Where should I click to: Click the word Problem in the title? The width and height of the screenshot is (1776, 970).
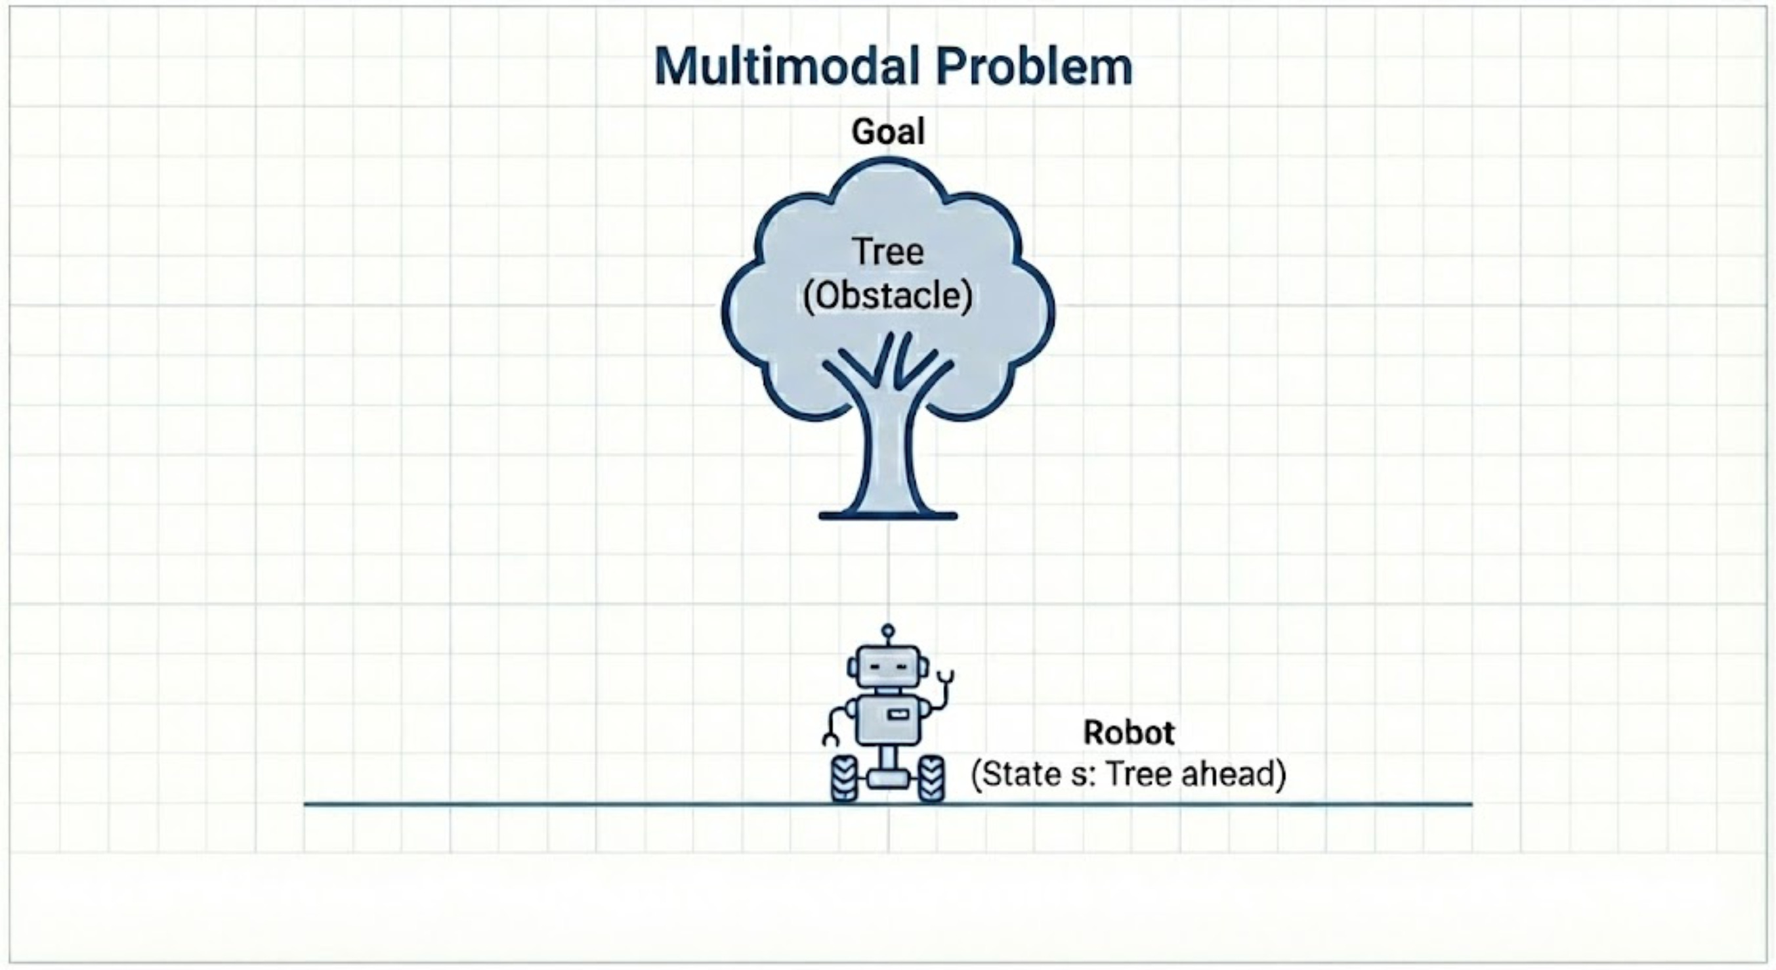coord(1034,68)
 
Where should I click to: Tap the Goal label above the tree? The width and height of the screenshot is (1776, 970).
coord(888,131)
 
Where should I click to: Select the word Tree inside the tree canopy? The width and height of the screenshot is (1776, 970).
coord(888,251)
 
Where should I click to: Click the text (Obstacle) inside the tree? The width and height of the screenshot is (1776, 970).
coord(888,297)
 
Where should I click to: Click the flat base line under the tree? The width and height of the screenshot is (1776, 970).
coord(888,516)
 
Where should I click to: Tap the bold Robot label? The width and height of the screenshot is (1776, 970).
coord(1129,732)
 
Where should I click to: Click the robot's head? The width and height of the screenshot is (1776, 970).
coord(888,667)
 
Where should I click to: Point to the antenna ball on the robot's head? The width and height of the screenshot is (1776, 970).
coord(888,629)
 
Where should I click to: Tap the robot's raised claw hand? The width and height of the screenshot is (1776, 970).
coord(946,677)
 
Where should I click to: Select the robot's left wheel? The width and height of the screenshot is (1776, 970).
coord(845,778)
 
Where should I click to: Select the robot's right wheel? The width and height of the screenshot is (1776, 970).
coord(931,778)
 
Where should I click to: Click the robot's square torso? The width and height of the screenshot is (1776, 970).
coord(888,719)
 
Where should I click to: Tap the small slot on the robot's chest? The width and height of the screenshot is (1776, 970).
coord(897,714)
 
